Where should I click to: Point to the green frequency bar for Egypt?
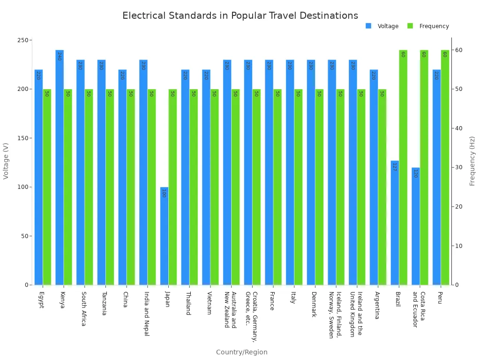pos(47,187)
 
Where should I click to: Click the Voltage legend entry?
pos(382,26)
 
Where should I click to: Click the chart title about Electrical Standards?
pos(240,15)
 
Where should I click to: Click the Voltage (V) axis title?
pos(6,161)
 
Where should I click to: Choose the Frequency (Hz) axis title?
pos(472,161)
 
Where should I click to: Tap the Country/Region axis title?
pos(241,352)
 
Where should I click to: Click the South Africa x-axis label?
pos(83,309)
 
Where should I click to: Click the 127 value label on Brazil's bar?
pos(394,166)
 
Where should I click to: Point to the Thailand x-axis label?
pos(188,303)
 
